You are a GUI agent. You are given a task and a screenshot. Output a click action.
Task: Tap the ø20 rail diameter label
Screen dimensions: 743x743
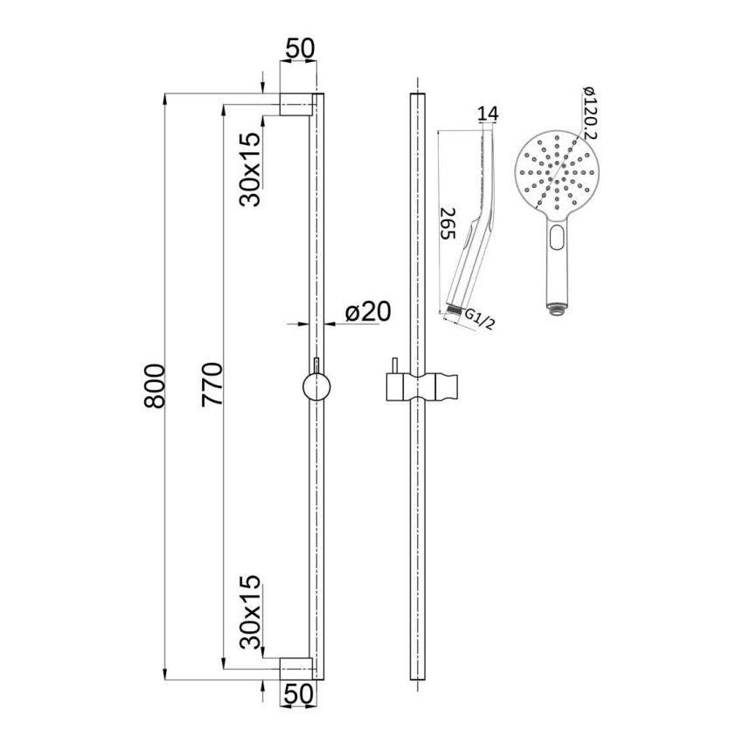(366, 312)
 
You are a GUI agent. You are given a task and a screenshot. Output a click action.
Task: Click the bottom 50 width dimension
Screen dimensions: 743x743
(297, 694)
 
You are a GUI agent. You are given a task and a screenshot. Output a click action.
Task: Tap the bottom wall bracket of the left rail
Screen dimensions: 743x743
(295, 670)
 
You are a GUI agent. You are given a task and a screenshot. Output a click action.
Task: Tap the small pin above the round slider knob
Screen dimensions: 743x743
(315, 364)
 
